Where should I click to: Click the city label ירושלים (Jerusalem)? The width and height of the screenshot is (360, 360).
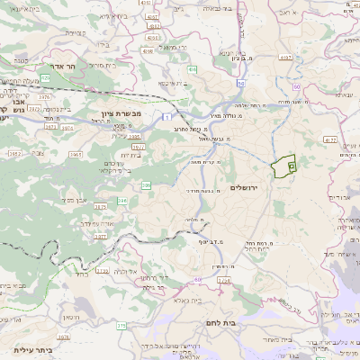(244, 187)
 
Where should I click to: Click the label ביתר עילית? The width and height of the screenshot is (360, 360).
(33, 349)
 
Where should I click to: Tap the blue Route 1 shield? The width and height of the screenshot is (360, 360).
(167, 116)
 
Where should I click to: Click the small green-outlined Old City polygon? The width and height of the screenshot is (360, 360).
(285, 165)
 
